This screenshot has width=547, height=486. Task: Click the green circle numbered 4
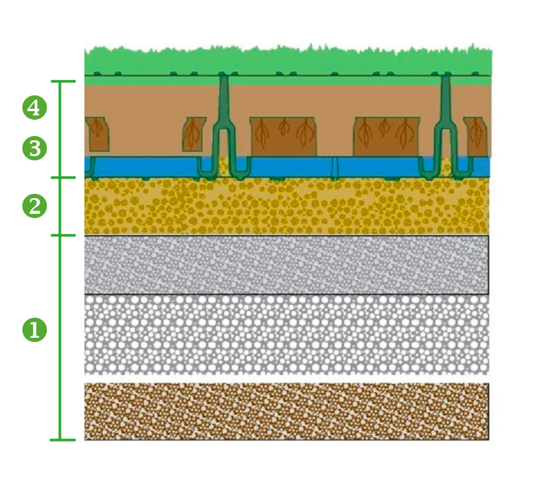click(x=35, y=108)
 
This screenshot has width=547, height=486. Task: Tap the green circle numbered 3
click(x=35, y=148)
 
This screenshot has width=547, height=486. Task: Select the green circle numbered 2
click(x=35, y=206)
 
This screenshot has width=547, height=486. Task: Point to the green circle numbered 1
click(x=35, y=329)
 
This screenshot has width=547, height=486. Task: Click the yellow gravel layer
click(x=286, y=206)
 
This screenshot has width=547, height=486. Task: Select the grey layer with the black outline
click(x=286, y=265)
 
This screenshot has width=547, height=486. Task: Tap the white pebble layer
click(x=286, y=335)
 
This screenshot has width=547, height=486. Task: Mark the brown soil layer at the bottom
click(x=286, y=411)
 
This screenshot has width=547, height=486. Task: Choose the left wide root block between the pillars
click(x=284, y=136)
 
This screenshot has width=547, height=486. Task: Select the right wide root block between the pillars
click(x=387, y=136)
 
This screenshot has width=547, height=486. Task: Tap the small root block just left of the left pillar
click(x=194, y=134)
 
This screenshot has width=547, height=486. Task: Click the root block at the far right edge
click(x=475, y=136)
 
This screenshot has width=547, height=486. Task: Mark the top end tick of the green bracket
click(x=63, y=81)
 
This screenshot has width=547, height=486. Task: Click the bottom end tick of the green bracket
click(x=63, y=440)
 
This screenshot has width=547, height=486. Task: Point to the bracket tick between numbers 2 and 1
click(x=63, y=235)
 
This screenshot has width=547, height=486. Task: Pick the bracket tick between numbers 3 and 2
click(x=63, y=177)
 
